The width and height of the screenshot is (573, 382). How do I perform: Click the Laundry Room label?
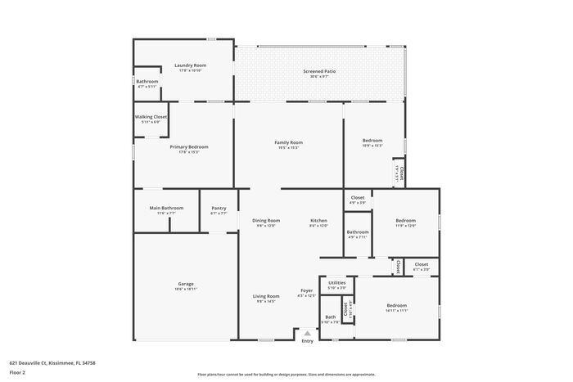[189, 65]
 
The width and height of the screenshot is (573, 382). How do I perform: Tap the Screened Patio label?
[319, 71]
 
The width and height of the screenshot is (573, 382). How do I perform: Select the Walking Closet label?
[151, 117]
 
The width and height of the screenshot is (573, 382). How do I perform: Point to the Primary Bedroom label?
[184, 147]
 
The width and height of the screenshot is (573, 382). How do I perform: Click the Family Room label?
[288, 142]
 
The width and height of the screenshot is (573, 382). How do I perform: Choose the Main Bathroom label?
[166, 208]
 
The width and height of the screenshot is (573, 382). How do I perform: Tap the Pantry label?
[219, 208]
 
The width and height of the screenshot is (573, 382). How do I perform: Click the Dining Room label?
[266, 220]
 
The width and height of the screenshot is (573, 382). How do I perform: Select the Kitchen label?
[318, 220]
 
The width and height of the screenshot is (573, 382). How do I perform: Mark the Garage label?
[186, 284]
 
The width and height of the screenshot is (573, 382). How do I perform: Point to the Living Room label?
[266, 296]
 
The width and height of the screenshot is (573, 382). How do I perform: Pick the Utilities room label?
[336, 282]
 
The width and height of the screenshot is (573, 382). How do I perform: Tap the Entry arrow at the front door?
[307, 333]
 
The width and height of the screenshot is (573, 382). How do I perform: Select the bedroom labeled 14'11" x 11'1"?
[396, 306]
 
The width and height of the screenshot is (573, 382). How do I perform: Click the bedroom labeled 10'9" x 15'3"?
[372, 140]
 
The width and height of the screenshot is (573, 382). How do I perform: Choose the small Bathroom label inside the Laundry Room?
[147, 81]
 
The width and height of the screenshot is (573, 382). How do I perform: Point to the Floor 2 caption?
[18, 372]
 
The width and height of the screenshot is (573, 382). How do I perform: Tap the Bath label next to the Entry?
[330, 317]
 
